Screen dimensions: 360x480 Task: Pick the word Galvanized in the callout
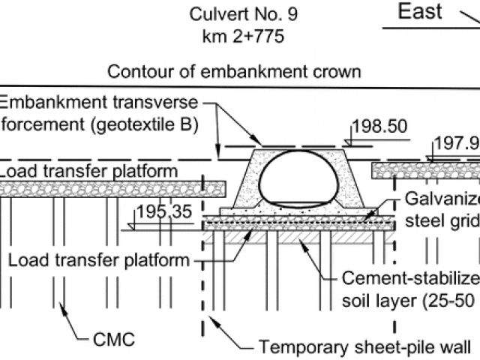pyautogui.click(x=442, y=201)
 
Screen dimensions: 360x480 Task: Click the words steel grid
pyautogui.click(x=442, y=220)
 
